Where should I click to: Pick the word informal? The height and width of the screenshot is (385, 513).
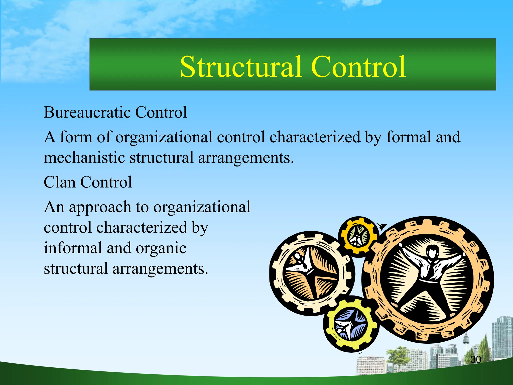(x=73, y=248)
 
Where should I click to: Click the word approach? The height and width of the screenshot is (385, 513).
(x=100, y=208)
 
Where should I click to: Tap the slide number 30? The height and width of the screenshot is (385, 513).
(x=475, y=359)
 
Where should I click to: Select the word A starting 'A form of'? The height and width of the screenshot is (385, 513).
(x=50, y=137)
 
